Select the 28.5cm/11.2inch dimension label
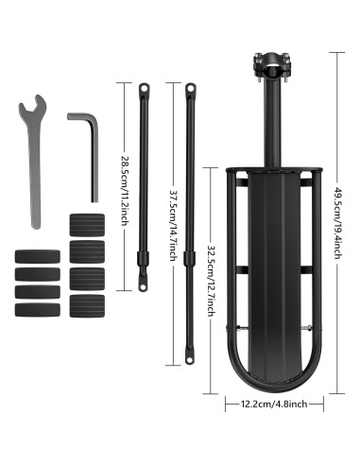tap(125, 191)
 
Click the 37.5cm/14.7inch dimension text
tap(173, 225)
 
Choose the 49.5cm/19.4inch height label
tap(338, 223)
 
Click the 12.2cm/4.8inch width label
tap(274, 404)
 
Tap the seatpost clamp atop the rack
tap(271, 66)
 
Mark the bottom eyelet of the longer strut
tap(189, 359)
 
